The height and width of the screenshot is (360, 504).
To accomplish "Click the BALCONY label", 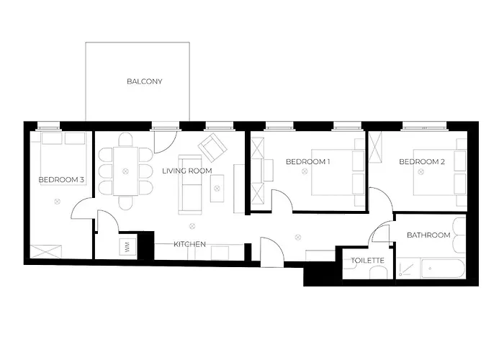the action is [144, 81].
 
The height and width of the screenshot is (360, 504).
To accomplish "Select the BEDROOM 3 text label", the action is [61, 180].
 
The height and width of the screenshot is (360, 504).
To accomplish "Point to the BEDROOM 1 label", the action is [307, 161].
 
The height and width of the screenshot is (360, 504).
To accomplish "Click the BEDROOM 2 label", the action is [422, 162].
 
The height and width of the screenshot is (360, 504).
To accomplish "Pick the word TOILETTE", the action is [367, 261].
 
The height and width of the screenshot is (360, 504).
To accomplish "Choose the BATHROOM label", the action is [428, 235].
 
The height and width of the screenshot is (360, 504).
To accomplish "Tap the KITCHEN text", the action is [189, 244].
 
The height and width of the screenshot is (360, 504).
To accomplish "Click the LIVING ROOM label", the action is [187, 171].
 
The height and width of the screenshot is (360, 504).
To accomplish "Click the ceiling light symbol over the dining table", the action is [125, 171].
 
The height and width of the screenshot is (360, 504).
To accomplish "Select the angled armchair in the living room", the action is [212, 147].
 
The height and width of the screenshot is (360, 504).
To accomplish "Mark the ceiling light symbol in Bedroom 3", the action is [57, 202].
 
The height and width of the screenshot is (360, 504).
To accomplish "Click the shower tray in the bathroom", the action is [408, 269].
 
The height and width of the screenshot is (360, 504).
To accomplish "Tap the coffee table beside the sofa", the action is [217, 189].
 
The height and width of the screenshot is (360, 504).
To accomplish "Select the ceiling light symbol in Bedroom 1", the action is [305, 171].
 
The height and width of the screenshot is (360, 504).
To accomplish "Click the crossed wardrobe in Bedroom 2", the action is [375, 147].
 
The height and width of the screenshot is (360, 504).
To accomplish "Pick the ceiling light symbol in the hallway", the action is [298, 238].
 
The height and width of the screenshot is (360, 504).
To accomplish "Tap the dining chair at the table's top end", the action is [125, 140].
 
